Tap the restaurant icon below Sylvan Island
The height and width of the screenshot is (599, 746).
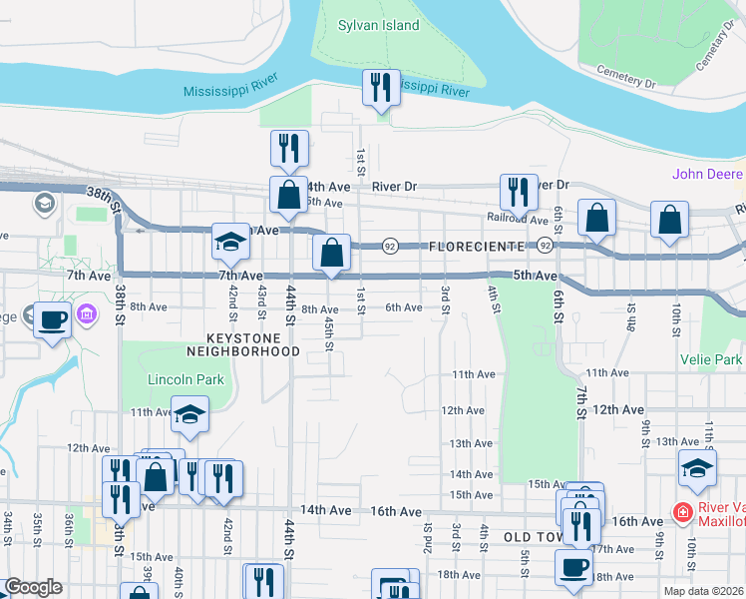pos(380,89)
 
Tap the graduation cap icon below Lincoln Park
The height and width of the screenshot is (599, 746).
pos(188,417)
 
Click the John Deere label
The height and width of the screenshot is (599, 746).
pos(707,174)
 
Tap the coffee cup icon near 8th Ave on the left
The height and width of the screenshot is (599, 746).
pos(53,320)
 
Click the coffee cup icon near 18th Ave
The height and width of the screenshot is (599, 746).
pos(573,567)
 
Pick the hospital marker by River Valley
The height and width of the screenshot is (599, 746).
pos(683,513)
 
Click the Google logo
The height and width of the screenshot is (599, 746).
pos(33,587)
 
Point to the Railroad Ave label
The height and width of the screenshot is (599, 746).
pos(517,219)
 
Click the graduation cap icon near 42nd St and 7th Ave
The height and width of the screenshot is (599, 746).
pos(230,242)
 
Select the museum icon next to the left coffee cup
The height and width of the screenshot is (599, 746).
pos(87,315)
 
